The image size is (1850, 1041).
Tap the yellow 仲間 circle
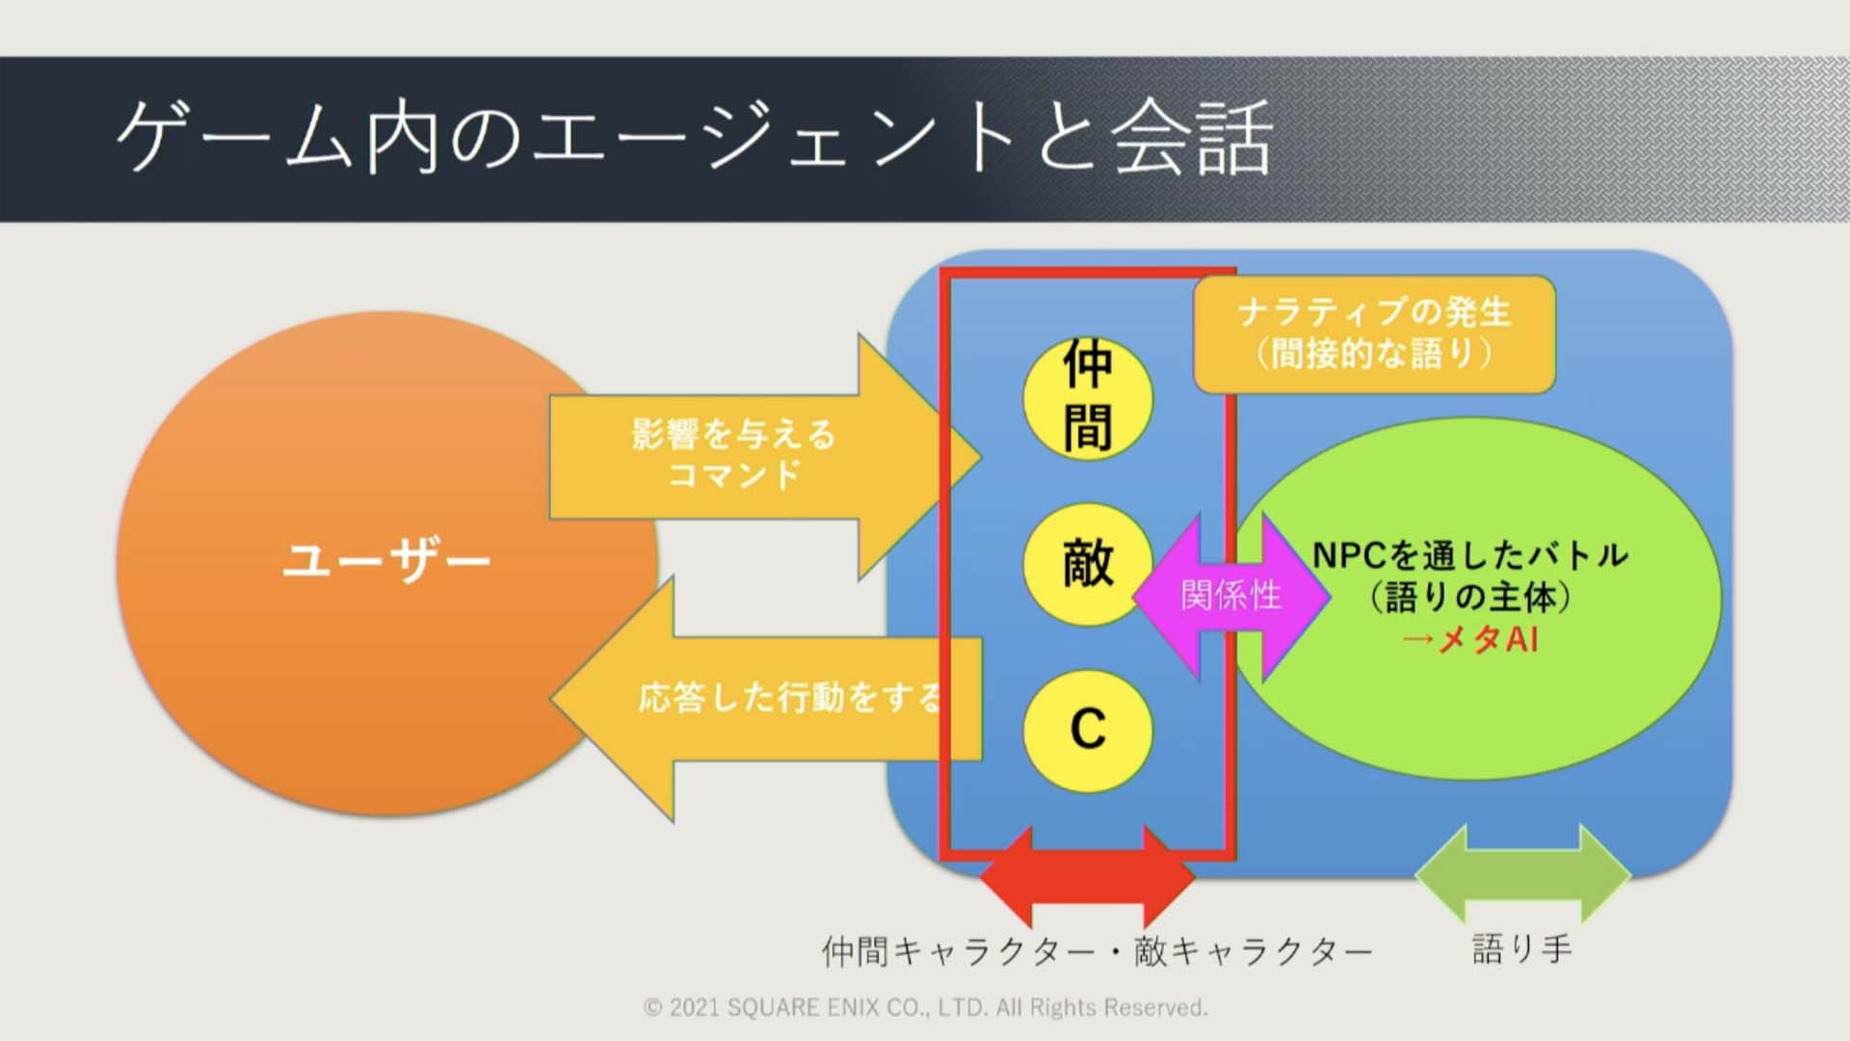click(1088, 397)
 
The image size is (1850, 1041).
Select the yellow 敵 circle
click(1088, 564)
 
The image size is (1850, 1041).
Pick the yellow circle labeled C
click(1088, 729)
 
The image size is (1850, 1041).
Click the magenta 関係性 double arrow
click(1231, 596)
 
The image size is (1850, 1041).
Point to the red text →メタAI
click(1469, 639)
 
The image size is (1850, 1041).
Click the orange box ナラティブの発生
click(1374, 334)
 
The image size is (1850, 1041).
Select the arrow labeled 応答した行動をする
click(766, 699)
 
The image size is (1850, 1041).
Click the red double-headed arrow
click(1087, 877)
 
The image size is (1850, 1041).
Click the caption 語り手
click(1521, 949)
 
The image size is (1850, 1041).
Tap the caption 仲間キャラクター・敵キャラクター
click(1097, 951)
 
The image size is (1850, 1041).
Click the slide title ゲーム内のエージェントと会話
click(694, 139)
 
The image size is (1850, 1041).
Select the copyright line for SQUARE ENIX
click(925, 1007)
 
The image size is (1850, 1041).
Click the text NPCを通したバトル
click(1470, 554)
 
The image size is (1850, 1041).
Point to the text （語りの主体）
click(1470, 597)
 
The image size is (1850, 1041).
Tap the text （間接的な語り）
click(1374, 354)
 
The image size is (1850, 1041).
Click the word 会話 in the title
click(1193, 139)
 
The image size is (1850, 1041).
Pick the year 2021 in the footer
click(694, 1008)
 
